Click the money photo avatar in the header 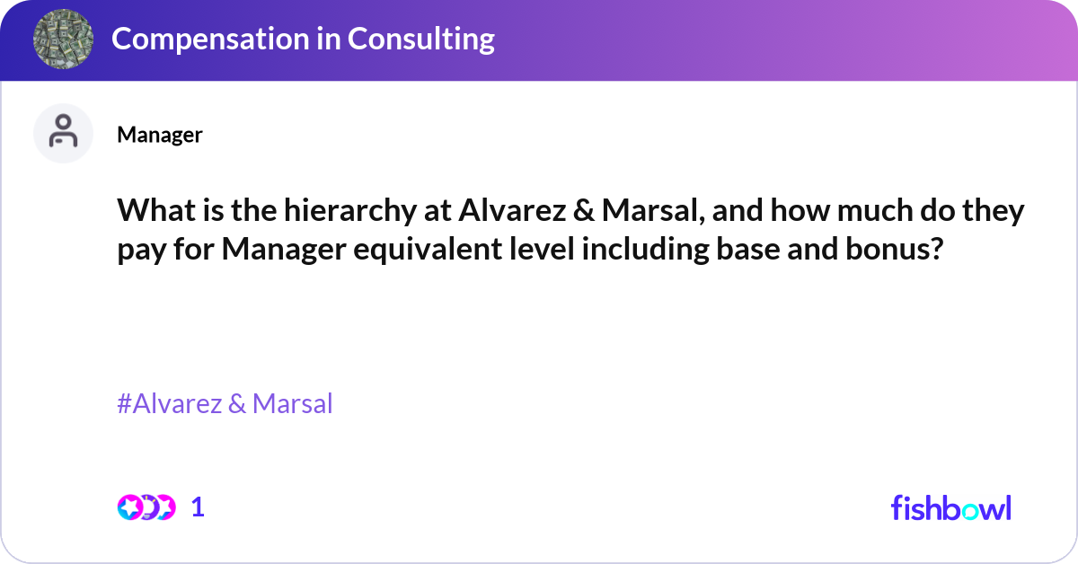pyautogui.click(x=62, y=40)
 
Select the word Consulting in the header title pyautogui.click(x=420, y=39)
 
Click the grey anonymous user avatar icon pyautogui.click(x=63, y=134)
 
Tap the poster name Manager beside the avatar pyautogui.click(x=160, y=135)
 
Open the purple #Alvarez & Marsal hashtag pyautogui.click(x=225, y=404)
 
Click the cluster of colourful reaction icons pyautogui.click(x=146, y=507)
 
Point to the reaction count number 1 pyautogui.click(x=199, y=507)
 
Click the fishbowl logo pyautogui.click(x=950, y=508)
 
